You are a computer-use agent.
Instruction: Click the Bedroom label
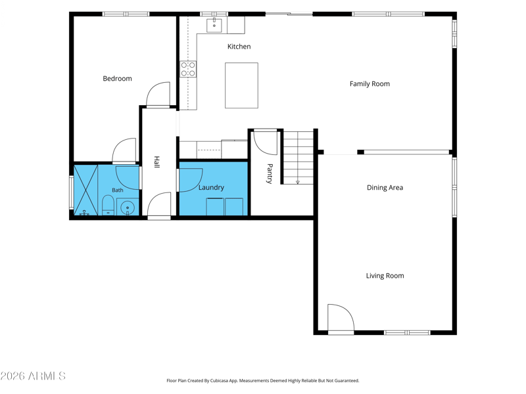[117, 78]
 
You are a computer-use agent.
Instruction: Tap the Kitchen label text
[239, 47]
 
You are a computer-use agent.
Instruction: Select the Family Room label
[370, 84]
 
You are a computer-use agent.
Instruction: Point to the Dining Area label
[385, 188]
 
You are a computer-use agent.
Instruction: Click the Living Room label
[385, 276]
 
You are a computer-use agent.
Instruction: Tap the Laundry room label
[211, 188]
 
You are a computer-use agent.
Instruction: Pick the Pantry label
[270, 173]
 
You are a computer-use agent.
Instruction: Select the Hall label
[156, 162]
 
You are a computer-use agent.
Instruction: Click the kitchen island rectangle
[241, 85]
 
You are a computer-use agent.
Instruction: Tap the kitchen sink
[214, 25]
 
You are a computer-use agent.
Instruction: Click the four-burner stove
[188, 69]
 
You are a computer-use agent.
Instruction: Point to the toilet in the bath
[108, 206]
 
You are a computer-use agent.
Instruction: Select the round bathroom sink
[128, 208]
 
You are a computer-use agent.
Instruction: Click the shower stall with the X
[85, 190]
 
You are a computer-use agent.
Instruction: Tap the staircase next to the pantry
[298, 157]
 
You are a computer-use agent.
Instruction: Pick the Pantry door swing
[265, 142]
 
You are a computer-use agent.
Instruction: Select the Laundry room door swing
[191, 180]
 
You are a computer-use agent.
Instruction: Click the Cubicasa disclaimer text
[262, 381]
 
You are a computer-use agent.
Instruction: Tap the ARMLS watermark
[33, 376]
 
